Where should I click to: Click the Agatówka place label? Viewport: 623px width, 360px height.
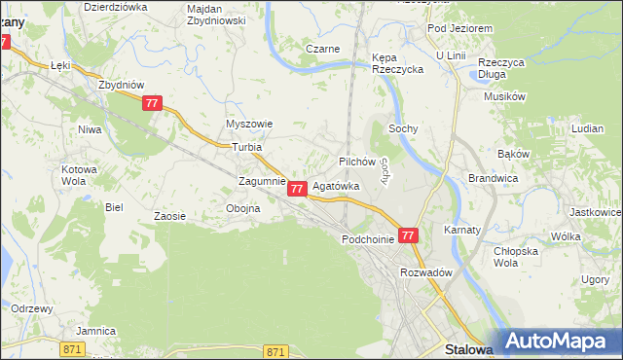[335, 185]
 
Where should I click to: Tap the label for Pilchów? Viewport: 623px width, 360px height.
[356, 161]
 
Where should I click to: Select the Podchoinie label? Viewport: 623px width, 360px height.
[368, 238]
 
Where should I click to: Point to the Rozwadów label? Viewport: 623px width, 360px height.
[426, 272]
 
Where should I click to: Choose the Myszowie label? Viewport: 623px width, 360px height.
[249, 125]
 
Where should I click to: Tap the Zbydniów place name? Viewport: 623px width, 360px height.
[121, 84]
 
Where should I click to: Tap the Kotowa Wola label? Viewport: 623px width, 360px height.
[80, 175]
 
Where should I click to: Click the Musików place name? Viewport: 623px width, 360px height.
[505, 96]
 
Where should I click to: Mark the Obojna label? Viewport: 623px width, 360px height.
[242, 208]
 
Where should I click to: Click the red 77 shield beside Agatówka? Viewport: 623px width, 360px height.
[299, 188]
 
